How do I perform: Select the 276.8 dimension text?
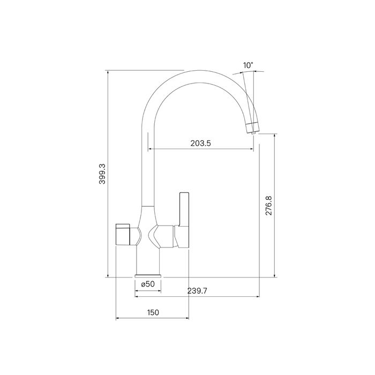269,206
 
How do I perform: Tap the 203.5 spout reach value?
201,143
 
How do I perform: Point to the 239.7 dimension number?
198,290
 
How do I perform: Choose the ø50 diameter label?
147,284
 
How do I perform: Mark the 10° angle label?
247,65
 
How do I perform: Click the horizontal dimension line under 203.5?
201,149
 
